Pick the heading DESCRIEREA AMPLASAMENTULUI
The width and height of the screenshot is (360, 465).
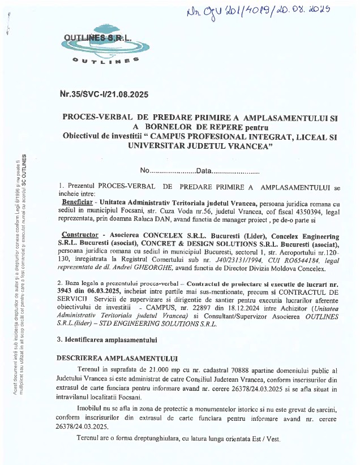117,359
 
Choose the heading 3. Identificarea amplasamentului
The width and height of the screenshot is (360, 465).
108,339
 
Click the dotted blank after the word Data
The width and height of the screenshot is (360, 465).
237,170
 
